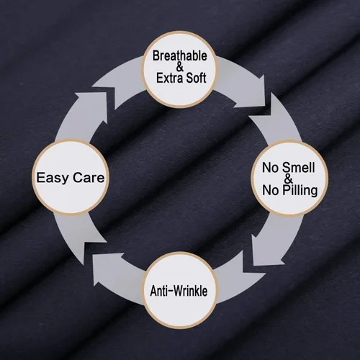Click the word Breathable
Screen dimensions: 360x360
click(180, 55)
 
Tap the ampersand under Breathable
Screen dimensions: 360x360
click(180, 67)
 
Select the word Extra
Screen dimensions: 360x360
click(168, 78)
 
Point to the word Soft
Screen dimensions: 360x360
click(195, 78)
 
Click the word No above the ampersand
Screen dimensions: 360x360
click(270, 168)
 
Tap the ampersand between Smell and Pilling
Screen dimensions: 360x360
click(288, 179)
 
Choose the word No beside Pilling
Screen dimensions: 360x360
click(270, 190)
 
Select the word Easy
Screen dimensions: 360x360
click(53, 178)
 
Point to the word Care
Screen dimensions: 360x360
click(89, 178)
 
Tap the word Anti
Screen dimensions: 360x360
click(159, 291)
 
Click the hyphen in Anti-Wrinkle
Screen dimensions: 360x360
click(170, 292)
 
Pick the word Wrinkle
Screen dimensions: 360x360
click(190, 291)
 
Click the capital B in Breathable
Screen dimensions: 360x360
click(156, 55)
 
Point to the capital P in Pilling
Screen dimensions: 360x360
click(285, 190)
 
